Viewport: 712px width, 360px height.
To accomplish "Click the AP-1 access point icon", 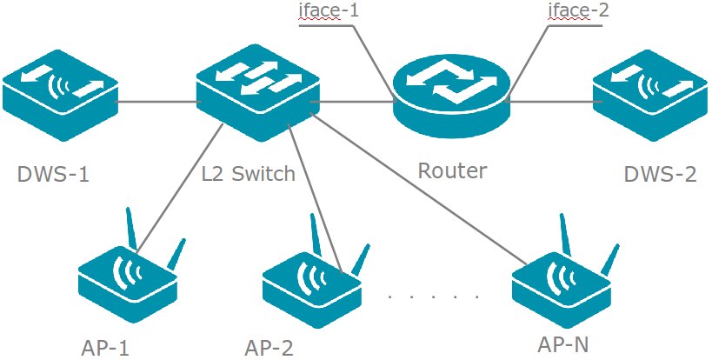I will [x=129, y=278].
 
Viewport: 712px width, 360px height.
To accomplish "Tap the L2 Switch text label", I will [x=249, y=174].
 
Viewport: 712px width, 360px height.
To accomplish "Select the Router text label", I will [x=452, y=170].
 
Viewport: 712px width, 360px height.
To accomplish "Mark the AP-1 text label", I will [x=102, y=348].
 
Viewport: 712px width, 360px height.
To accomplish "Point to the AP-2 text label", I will [x=269, y=348].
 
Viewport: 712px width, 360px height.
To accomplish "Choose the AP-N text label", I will [x=563, y=343].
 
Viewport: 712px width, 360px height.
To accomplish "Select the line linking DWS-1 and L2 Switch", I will [x=156, y=102].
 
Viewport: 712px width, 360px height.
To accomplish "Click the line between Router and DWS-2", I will [x=549, y=102].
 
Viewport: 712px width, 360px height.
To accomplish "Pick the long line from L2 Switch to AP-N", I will [x=417, y=188].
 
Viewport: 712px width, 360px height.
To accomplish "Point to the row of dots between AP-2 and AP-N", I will [x=434, y=297].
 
